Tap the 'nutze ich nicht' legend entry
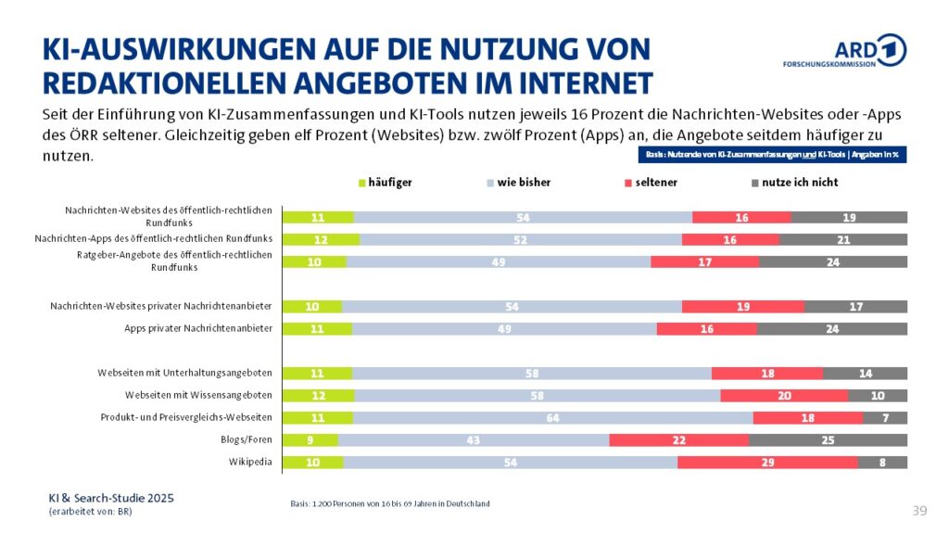[x=793, y=183]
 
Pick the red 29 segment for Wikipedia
[x=767, y=462]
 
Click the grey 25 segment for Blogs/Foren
[x=828, y=439]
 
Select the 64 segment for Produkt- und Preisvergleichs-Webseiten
[x=552, y=417]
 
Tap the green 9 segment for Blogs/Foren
[x=310, y=439]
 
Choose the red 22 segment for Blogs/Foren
[x=678, y=439]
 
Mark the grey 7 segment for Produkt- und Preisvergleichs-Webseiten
[x=885, y=417]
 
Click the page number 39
[x=919, y=511]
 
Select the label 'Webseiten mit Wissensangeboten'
[x=185, y=395]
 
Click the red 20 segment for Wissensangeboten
[x=784, y=395]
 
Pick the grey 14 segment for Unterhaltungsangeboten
[x=865, y=373]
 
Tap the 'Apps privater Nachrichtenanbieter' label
[x=197, y=328]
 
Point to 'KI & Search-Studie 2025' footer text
[x=110, y=498]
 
